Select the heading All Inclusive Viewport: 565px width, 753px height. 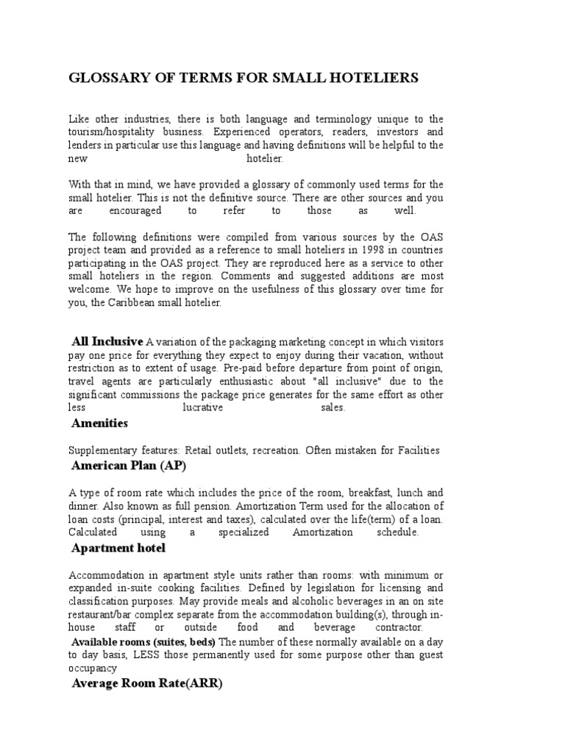(107, 341)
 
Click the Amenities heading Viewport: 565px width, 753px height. (99, 424)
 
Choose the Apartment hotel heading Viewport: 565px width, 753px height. (118, 548)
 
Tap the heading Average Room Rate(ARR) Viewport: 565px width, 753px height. (146, 683)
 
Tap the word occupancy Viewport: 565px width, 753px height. (93, 668)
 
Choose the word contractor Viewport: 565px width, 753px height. (397, 628)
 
